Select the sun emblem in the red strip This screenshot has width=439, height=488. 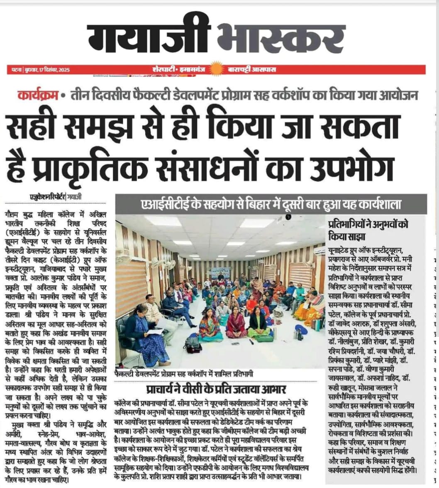tap(217, 69)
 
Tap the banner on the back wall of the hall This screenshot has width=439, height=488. tap(220, 272)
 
